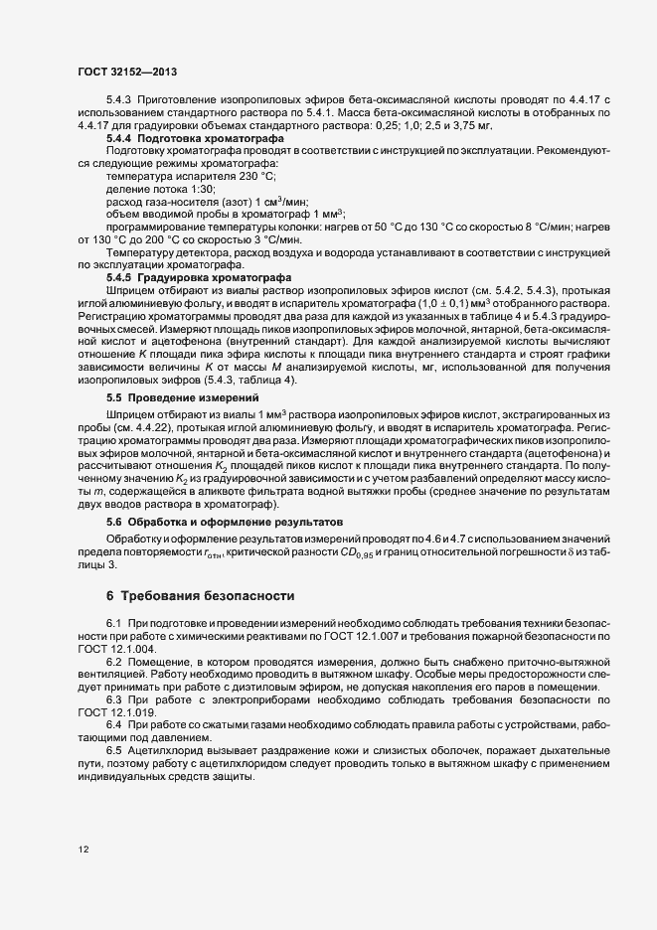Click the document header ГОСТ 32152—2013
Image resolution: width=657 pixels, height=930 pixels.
point(128,72)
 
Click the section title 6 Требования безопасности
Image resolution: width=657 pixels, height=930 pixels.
point(201,596)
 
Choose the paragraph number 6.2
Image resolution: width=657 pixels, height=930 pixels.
point(114,660)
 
